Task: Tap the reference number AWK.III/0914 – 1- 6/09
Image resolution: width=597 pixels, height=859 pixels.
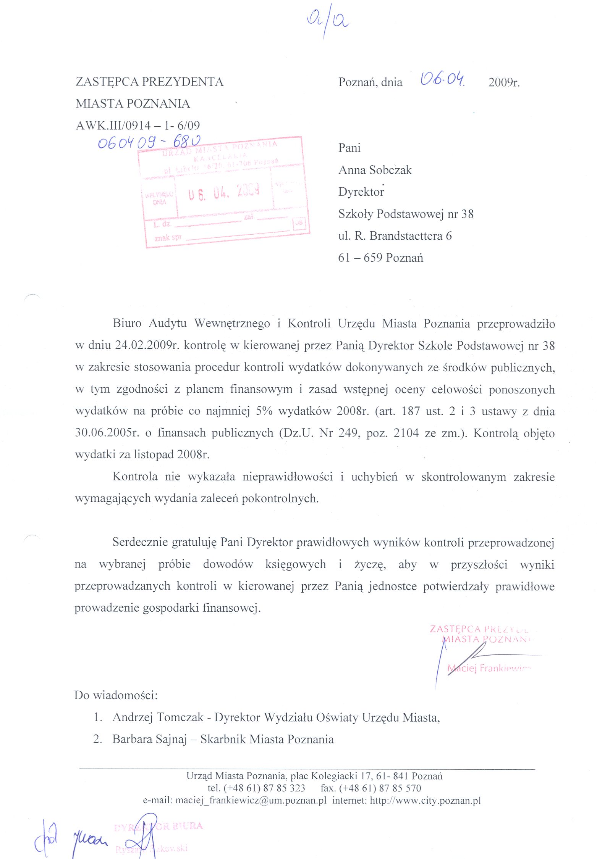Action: coord(138,125)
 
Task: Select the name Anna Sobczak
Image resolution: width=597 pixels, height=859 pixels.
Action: coord(375,170)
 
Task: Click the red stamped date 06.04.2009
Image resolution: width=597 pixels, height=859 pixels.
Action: coord(224,192)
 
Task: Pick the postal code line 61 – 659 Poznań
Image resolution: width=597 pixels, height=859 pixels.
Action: coord(380,258)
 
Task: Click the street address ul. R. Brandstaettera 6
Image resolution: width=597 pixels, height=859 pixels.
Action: coord(395,236)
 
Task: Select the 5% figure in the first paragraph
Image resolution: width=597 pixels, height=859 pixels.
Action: coord(264,411)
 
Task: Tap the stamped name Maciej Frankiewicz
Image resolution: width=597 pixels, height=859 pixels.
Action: coord(489,668)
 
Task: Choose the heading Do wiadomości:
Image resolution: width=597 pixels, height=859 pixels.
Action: coord(116,695)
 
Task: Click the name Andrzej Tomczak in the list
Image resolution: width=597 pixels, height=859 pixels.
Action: coord(158,717)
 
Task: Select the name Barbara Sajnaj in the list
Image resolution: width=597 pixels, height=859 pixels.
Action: coord(149,739)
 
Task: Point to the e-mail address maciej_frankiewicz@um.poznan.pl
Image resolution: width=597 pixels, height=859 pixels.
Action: coord(251,800)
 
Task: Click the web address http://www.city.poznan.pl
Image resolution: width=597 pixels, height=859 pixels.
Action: coord(425,800)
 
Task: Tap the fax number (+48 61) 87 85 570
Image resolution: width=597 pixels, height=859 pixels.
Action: coord(380,788)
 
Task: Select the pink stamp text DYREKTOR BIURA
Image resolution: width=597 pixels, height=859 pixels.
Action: coord(158,827)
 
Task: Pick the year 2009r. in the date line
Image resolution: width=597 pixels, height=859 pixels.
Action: coord(504,82)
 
